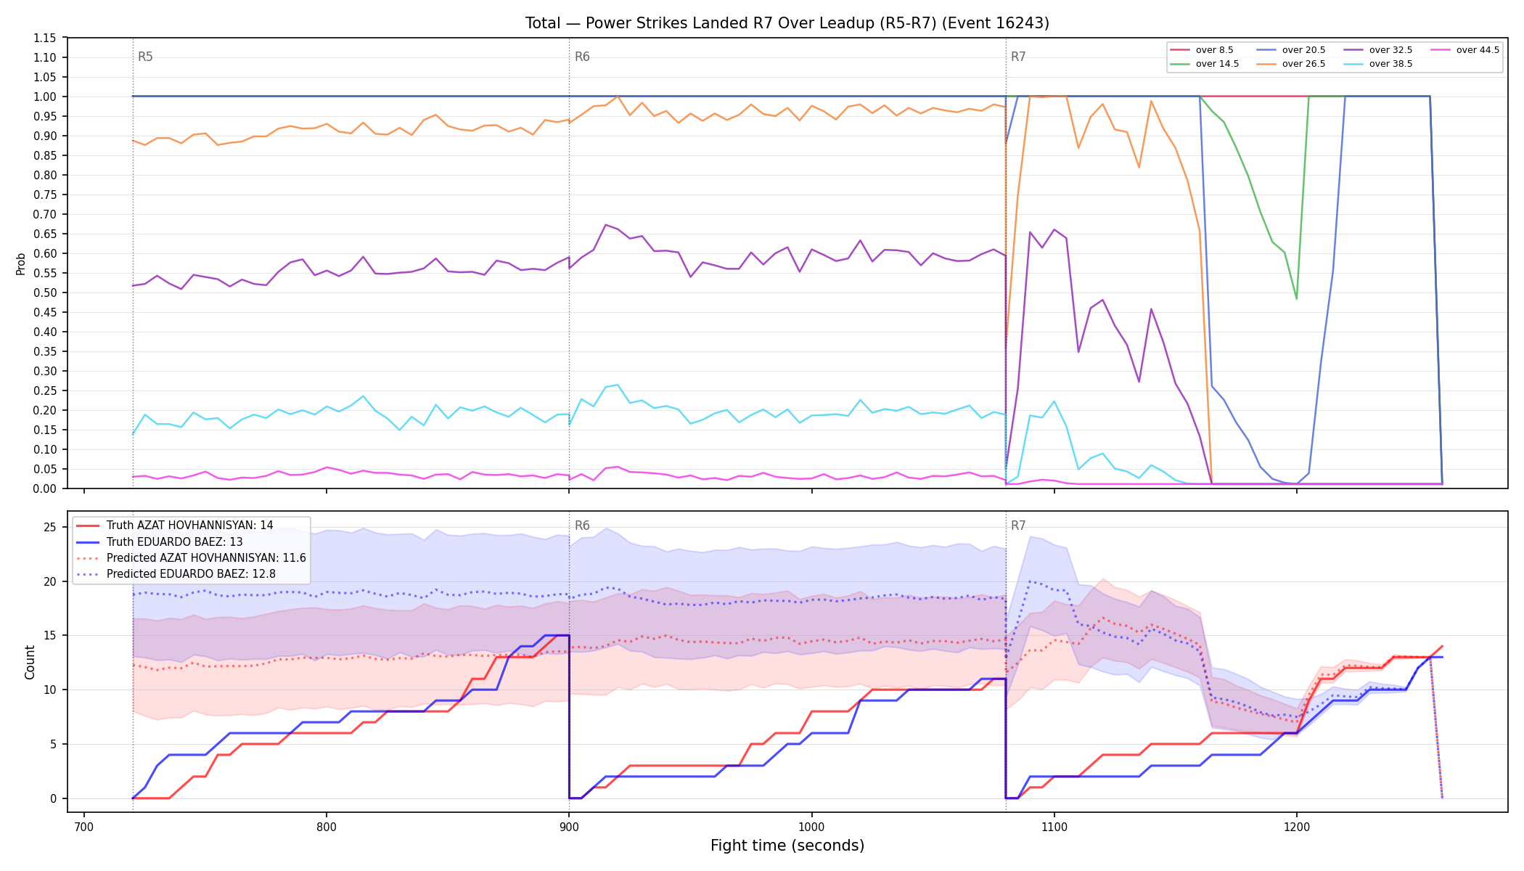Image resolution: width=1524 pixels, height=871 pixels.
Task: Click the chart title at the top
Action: coord(787,23)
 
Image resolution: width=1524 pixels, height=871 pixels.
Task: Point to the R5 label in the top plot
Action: coord(145,57)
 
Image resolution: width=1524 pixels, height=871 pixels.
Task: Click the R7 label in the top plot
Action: coord(1018,57)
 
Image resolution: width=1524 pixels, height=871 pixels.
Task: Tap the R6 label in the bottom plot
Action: coord(582,526)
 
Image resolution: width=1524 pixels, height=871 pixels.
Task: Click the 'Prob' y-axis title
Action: coord(21,263)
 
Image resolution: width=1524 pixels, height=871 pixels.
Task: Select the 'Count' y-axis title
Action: coord(30,662)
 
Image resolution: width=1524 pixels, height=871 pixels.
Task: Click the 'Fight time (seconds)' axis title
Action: coord(787,846)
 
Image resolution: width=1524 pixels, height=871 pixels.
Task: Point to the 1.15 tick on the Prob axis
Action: coord(45,38)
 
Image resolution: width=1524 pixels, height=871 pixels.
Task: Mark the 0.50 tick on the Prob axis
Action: coord(45,293)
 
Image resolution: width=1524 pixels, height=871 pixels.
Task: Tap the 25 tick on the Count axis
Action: coord(50,527)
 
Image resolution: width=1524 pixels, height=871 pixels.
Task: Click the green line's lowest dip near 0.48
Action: coord(1296,298)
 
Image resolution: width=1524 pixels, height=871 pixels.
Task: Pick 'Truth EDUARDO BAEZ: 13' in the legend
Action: coord(174,542)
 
